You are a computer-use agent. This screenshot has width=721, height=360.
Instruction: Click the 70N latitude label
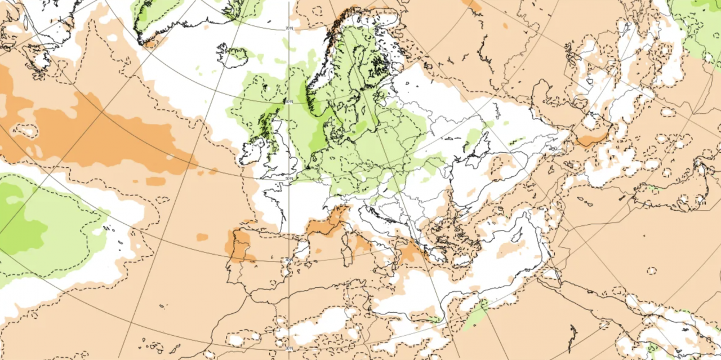(289, 28)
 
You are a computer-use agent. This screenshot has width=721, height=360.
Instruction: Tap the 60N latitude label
(289, 102)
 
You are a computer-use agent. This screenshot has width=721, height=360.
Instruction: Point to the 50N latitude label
(289, 179)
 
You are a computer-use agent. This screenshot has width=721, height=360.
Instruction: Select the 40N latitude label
(289, 260)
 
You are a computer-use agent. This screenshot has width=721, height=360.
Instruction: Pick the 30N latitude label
(289, 348)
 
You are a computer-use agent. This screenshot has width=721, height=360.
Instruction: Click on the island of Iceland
(234, 55)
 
